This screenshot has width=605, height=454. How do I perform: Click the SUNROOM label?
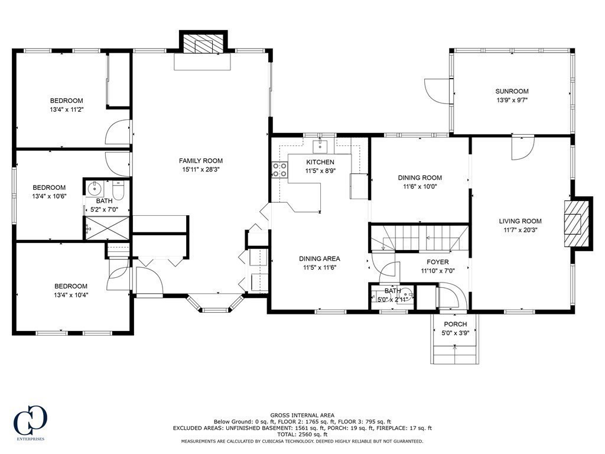512,91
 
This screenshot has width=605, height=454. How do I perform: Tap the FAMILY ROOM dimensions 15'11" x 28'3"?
201,169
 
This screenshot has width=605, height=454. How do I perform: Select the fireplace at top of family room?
203,44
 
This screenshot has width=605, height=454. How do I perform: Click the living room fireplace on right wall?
577,223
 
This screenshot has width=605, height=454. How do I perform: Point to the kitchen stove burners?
279,170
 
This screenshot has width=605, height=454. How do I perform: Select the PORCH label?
455,324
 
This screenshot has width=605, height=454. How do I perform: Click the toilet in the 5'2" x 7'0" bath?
117,190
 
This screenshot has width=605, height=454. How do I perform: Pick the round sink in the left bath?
95,189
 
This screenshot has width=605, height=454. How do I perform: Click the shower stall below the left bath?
108,227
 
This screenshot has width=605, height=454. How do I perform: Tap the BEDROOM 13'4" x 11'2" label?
66,100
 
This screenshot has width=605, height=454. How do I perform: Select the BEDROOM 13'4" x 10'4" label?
70,286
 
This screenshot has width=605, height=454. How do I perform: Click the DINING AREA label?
320,258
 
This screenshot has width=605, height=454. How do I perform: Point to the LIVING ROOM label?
519,221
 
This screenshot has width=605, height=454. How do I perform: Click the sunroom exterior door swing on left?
436,89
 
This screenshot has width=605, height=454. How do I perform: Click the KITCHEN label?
320,162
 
